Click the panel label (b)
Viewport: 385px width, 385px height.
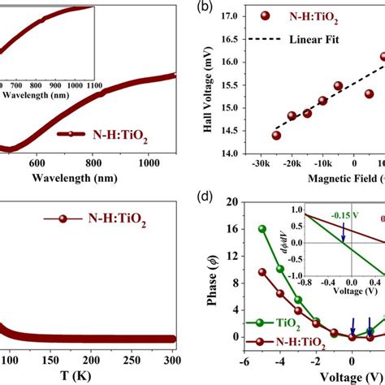click(x=219, y=11)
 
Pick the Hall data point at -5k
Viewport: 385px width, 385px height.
click(x=338, y=85)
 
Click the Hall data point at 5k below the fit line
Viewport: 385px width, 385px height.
click(x=369, y=93)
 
